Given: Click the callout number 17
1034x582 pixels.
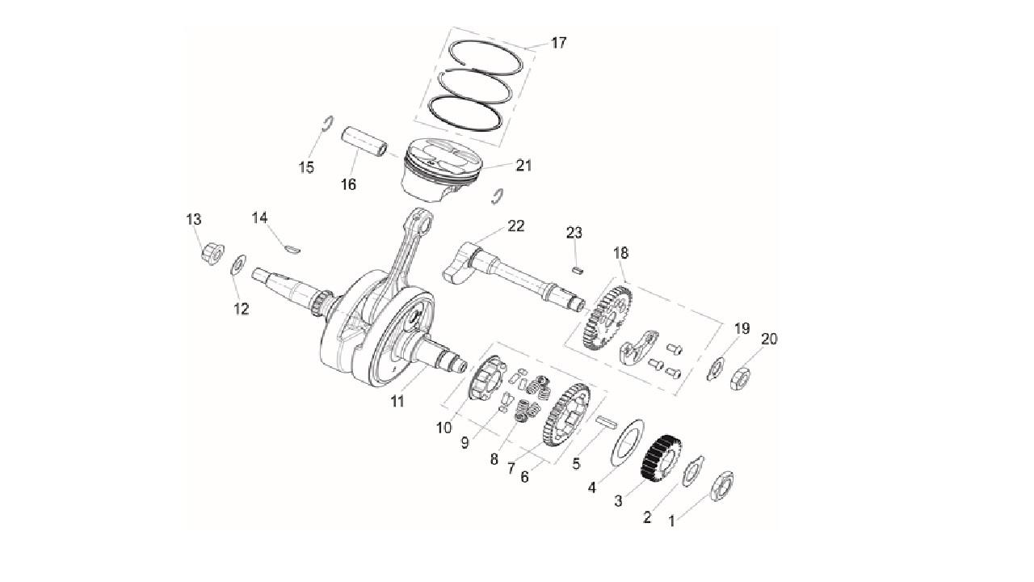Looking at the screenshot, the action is pyautogui.click(x=558, y=43).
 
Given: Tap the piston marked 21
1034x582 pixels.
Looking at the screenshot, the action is pyautogui.click(x=442, y=170).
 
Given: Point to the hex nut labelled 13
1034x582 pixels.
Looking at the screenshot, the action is pyautogui.click(x=212, y=253).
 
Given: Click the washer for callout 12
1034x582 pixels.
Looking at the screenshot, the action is pyautogui.click(x=238, y=264).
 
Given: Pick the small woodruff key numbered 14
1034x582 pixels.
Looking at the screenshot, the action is pyautogui.click(x=292, y=250).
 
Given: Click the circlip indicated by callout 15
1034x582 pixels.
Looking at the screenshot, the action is pyautogui.click(x=327, y=124).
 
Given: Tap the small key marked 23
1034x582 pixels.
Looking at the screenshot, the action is pyautogui.click(x=578, y=270).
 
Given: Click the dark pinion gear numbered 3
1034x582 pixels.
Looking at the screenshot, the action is pyautogui.click(x=661, y=457).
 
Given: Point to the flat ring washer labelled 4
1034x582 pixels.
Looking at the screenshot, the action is pyautogui.click(x=628, y=442).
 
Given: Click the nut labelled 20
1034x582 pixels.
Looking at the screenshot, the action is pyautogui.click(x=740, y=378).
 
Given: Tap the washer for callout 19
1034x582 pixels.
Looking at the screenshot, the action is pyautogui.click(x=716, y=369).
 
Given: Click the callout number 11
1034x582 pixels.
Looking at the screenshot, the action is pyautogui.click(x=397, y=402).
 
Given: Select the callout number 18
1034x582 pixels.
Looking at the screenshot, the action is pyautogui.click(x=621, y=253).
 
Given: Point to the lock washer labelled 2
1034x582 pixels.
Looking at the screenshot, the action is pyautogui.click(x=693, y=470).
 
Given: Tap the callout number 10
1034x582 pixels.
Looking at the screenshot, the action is pyautogui.click(x=444, y=428).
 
